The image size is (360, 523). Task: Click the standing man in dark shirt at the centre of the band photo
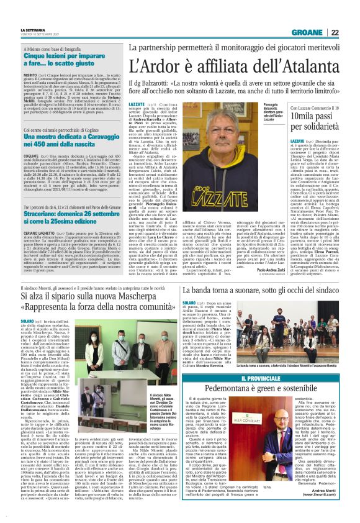click(271, 327)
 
